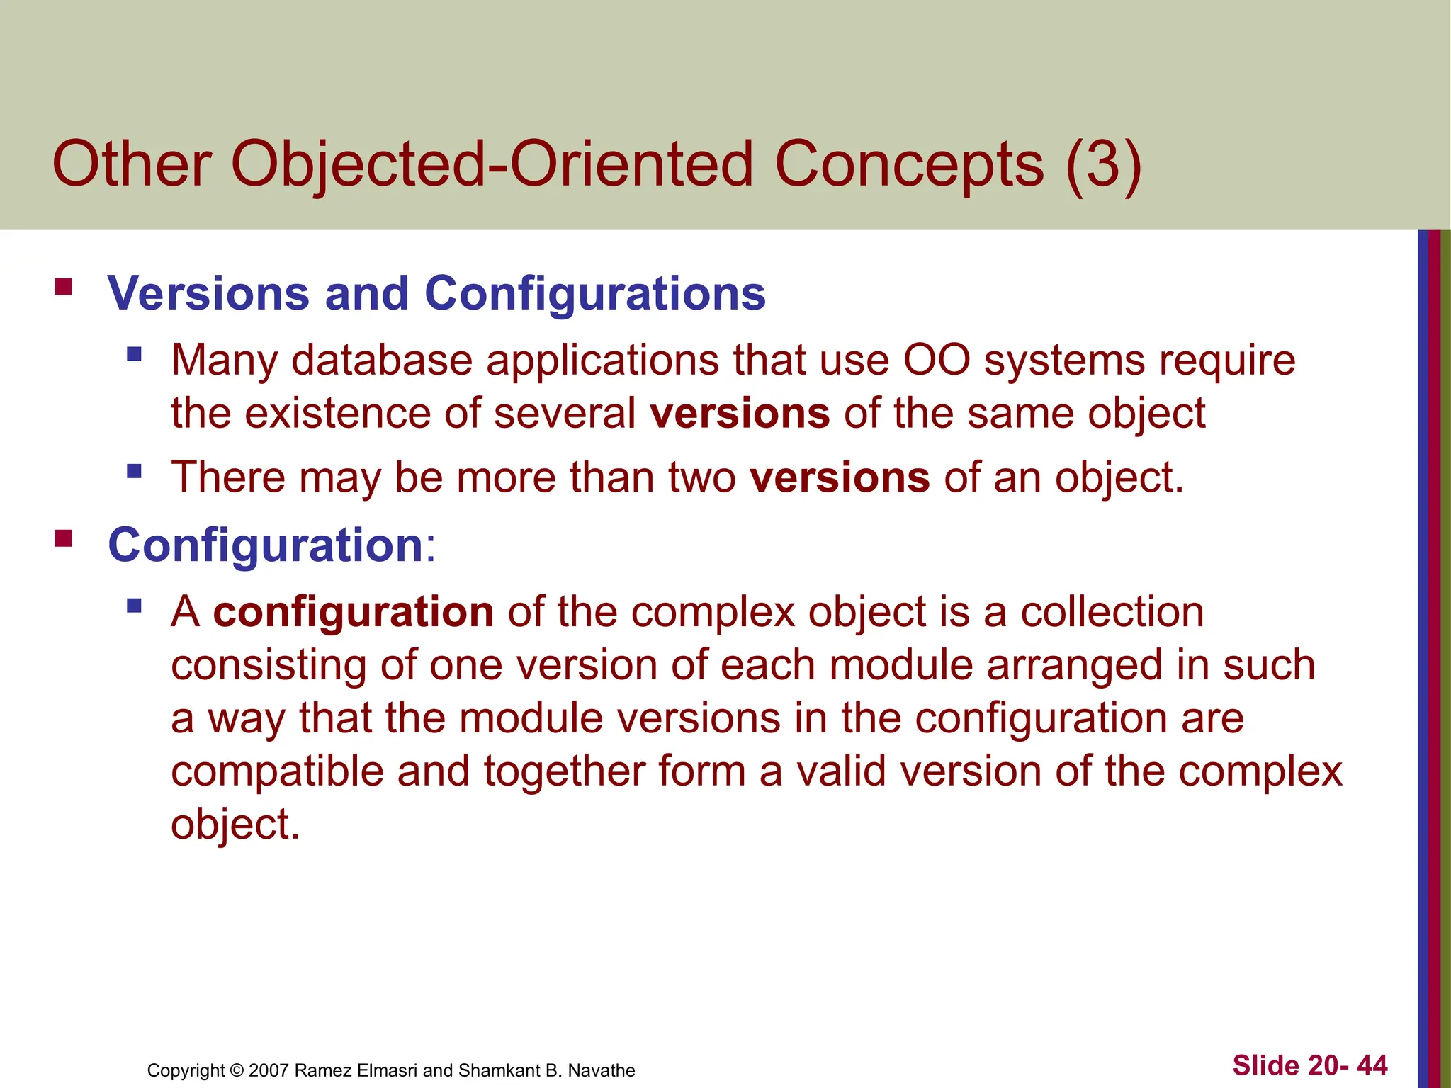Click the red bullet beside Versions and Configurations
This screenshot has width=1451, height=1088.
tap(63, 287)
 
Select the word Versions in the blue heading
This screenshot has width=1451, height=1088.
tap(208, 293)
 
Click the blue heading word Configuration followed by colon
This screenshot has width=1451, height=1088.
tap(266, 545)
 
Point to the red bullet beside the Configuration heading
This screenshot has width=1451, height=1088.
tap(63, 539)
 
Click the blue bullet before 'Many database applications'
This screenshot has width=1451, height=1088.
tap(134, 353)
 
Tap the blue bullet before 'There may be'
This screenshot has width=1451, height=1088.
tap(134, 471)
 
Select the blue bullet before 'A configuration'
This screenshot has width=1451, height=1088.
tap(134, 606)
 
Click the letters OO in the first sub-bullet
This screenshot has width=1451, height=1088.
tap(936, 360)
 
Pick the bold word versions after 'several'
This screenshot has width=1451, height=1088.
tap(740, 413)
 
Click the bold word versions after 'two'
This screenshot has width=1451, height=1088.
tap(840, 477)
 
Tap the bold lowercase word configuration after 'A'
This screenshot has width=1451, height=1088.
tap(353, 612)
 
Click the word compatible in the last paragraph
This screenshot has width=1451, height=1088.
tap(277, 771)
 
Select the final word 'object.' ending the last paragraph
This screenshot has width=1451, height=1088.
tap(235, 824)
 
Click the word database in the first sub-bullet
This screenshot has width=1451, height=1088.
tap(382, 360)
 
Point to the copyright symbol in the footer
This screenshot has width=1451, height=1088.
tap(237, 1070)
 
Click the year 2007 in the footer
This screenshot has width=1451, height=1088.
tap(269, 1070)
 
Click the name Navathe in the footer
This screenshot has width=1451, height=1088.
tap(602, 1070)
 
